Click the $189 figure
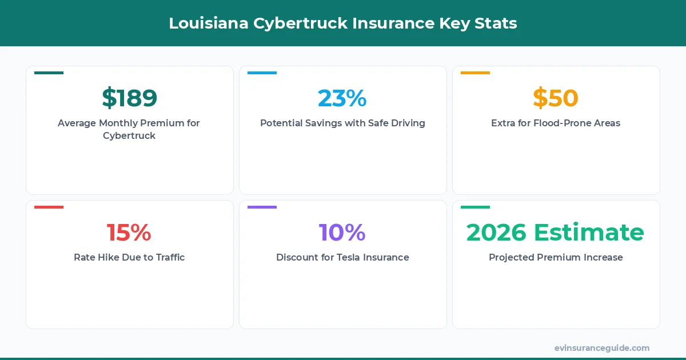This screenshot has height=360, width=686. coord(129,98)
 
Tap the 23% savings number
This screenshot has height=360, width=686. coord(342,98)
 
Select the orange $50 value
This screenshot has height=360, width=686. coord(556,98)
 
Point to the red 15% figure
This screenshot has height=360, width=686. coord(129,233)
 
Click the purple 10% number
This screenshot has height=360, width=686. coord(342,233)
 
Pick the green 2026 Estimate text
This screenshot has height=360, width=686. coord(556,233)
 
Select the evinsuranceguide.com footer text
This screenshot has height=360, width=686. coord(602,347)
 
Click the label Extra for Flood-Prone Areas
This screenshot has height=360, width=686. coord(556,123)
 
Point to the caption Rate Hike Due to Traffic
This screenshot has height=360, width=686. coord(129,257)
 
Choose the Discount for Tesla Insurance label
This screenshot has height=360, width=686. coord(342,257)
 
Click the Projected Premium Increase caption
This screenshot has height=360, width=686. coord(556,257)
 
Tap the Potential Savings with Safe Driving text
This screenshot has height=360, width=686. coord(342,123)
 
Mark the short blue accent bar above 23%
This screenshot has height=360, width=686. coord(262,73)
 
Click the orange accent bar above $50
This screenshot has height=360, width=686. coord(475,73)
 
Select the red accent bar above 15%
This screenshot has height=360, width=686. coord(49,207)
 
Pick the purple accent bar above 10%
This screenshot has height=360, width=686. coord(262,207)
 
